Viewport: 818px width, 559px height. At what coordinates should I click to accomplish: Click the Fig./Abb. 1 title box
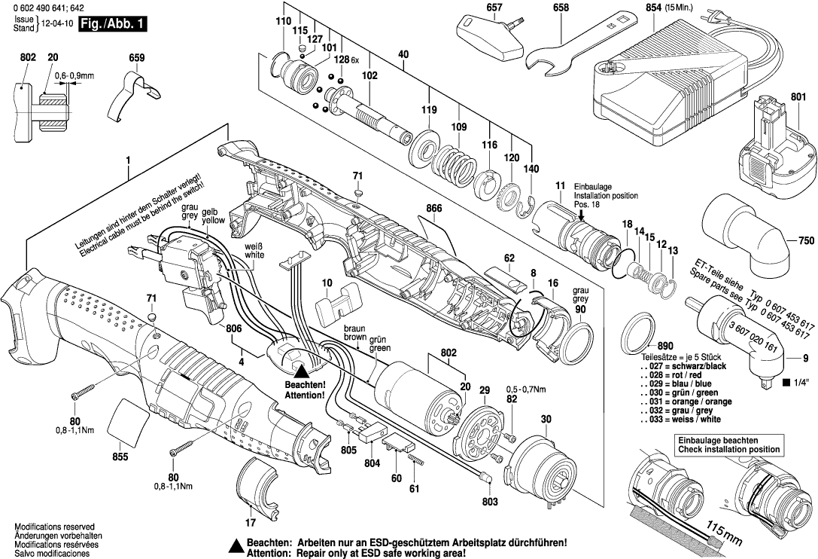tap(113, 24)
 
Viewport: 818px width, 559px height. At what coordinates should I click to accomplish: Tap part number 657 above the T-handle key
tap(494, 8)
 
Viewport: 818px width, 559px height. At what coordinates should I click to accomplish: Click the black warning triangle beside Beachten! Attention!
tap(301, 370)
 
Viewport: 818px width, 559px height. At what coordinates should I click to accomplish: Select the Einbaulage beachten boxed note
tap(728, 444)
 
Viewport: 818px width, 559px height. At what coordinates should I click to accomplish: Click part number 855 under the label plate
tap(120, 457)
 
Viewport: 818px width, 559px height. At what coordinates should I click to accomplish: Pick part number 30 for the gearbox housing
tap(545, 420)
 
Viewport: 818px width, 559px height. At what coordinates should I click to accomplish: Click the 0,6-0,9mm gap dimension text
tap(75, 75)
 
